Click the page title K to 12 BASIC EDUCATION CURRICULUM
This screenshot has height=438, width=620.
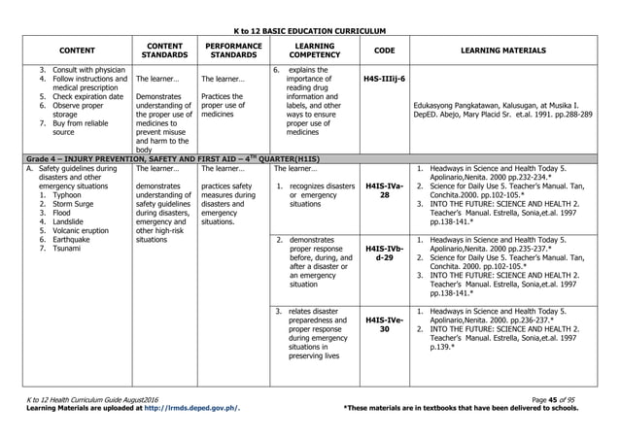(x=310, y=32)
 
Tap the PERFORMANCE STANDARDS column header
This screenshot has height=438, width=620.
(x=228, y=51)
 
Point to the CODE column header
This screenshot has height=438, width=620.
(x=385, y=51)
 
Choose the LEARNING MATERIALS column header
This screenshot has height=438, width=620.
(x=511, y=51)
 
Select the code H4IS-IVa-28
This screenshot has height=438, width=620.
(x=385, y=189)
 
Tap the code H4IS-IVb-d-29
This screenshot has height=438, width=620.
(x=385, y=253)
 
